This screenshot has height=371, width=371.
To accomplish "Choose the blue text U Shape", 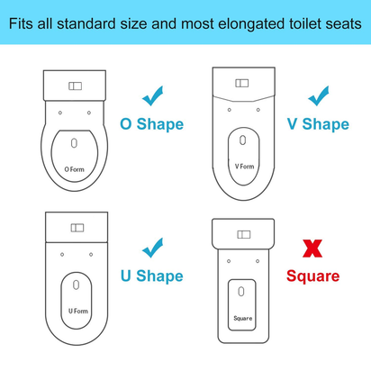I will pos(153,276).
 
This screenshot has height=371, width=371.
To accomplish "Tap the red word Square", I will pos(314,276).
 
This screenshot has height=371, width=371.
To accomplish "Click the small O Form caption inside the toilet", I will pos(74,167).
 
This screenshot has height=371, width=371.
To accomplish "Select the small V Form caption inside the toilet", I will pos(243,166).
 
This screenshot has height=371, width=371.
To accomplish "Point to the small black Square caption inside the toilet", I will pos(243,317).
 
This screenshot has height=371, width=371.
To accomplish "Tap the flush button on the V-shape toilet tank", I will pos(242,83).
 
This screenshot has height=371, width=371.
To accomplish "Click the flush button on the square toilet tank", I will pos(243,235).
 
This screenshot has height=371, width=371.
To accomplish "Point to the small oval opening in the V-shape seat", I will pos(243,140).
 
